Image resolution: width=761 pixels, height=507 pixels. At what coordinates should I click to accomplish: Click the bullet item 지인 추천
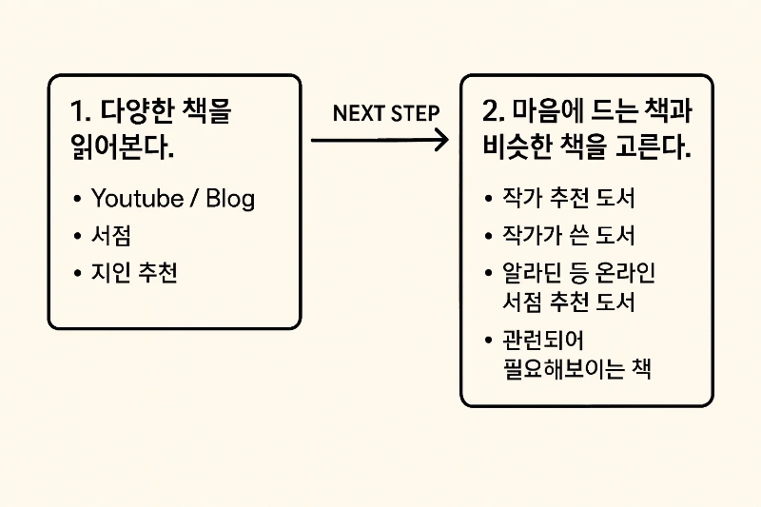134,274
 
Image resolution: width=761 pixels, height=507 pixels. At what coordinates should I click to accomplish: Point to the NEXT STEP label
386,113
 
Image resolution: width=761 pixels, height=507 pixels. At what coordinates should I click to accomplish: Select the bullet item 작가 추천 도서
568,199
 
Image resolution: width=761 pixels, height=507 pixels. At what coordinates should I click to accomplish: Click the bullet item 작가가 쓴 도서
568,236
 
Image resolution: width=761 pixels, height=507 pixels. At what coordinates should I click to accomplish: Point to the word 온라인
626,274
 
